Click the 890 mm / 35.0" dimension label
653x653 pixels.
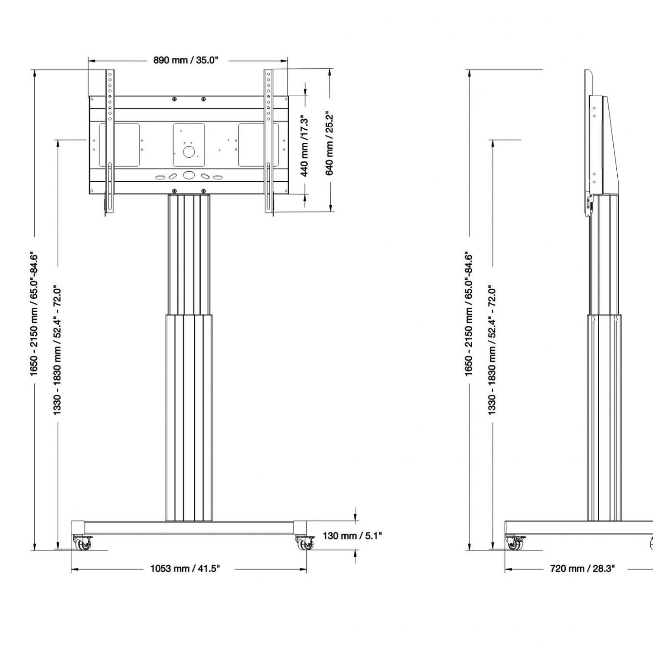pyautogui.click(x=185, y=60)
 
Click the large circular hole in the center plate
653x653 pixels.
pyautogui.click(x=188, y=151)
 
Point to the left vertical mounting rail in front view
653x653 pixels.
pyautogui.click(x=109, y=142)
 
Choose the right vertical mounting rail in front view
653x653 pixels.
pyautogui.click(x=268, y=142)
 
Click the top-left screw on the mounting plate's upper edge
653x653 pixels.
pyautogui.click(x=174, y=99)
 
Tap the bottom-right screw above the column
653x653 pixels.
pyautogui.click(x=203, y=191)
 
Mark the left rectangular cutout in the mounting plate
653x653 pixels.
pyautogui.click(x=119, y=145)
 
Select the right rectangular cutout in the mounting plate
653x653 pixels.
pyautogui.click(x=258, y=145)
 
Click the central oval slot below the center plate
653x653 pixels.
pyautogui.click(x=188, y=175)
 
